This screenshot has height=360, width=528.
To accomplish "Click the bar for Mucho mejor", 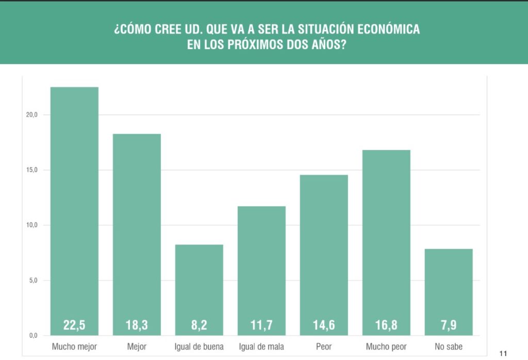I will point(74,206).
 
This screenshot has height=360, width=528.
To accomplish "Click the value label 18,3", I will point(137,325).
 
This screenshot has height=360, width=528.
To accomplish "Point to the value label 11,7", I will point(261,325).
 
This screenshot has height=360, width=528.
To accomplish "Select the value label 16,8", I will point(386,325).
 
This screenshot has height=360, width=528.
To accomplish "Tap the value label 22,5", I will point(74,325).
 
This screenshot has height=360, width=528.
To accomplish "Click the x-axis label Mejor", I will point(137,347).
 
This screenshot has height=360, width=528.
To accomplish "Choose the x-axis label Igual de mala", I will point(261,347).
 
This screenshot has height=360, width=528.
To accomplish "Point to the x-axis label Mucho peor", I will point(386,347).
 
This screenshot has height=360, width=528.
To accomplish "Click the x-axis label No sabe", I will point(449,347).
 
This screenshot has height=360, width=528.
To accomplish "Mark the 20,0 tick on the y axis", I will point(32,115).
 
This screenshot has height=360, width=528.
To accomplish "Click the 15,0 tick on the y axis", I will point(32,170).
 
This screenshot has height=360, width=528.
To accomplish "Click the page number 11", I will point(504,353).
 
